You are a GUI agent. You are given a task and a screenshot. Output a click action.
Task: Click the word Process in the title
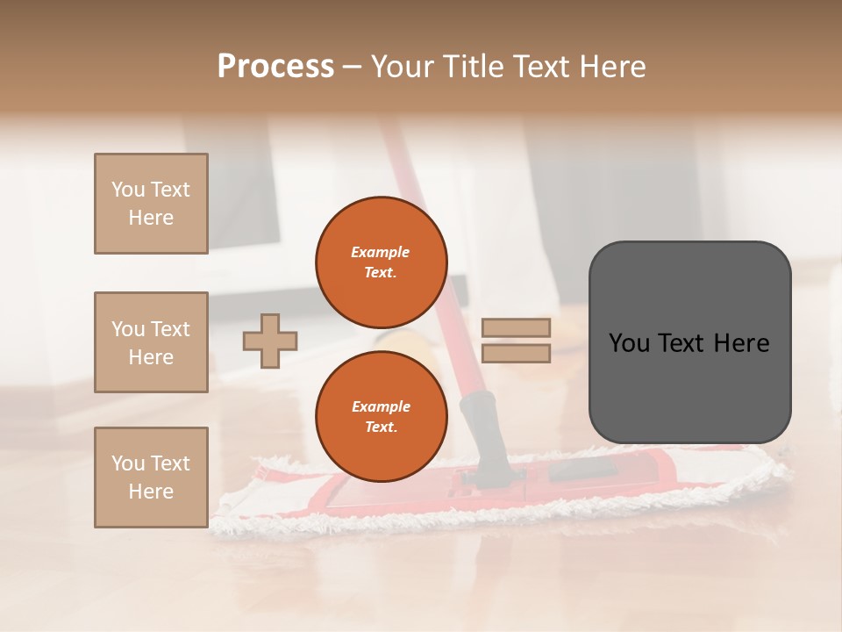[x=275, y=67]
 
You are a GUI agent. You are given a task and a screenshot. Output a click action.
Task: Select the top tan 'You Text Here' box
[x=151, y=204]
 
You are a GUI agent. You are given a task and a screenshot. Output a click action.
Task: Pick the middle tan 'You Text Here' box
[x=151, y=342]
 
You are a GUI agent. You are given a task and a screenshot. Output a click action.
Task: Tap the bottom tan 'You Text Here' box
[x=151, y=478]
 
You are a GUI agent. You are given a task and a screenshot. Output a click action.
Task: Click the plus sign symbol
[x=270, y=341]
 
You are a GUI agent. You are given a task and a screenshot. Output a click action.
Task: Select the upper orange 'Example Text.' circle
[x=381, y=262]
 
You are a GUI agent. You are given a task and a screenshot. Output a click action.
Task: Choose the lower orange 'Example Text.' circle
[x=381, y=416]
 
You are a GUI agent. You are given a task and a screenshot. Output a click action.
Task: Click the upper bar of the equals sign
[x=516, y=328]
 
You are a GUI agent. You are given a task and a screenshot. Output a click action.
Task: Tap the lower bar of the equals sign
[x=516, y=353]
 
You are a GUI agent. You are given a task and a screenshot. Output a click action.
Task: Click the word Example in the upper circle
[x=380, y=252]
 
